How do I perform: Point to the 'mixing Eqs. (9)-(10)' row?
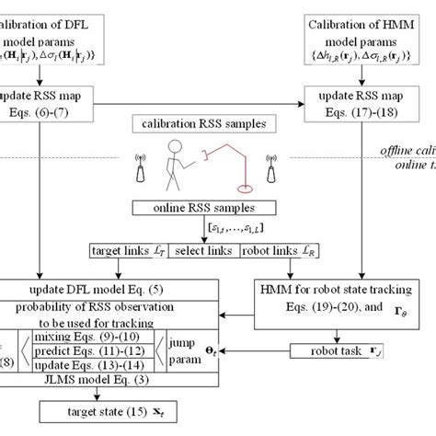(x=107, y=337)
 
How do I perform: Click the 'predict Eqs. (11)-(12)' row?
(x=107, y=351)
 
